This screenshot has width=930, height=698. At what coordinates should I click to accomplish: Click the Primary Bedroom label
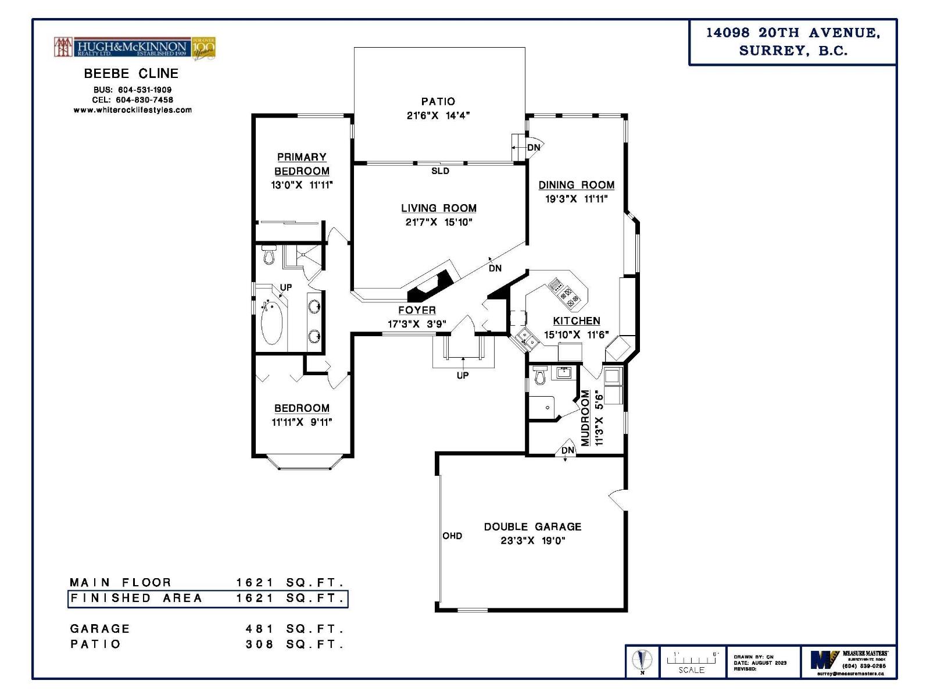coord(302,164)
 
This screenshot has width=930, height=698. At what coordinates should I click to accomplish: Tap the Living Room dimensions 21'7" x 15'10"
coord(439,222)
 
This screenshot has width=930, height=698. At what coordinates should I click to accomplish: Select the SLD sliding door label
coord(440,171)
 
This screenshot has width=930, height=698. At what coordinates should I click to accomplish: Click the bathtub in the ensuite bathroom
coord(271,323)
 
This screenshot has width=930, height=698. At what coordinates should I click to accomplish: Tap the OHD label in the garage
coord(452,536)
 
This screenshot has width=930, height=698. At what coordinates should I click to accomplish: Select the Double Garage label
coord(532,526)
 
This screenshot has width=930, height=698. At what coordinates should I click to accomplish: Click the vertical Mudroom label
coord(585,418)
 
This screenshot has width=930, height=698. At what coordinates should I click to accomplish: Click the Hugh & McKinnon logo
coord(135,48)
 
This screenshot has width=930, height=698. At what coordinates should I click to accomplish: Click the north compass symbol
coord(642,661)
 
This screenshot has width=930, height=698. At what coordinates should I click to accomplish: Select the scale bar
coord(691,661)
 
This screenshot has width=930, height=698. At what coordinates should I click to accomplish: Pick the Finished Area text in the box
coord(136,598)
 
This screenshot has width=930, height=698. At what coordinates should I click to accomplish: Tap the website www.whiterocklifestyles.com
coord(133,110)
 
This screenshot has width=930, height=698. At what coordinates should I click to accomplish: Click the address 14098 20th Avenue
coord(793,33)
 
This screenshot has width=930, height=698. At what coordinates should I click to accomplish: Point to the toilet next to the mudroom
coord(540,376)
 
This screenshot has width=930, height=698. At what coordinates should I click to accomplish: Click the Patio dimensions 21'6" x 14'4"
coord(438,115)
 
